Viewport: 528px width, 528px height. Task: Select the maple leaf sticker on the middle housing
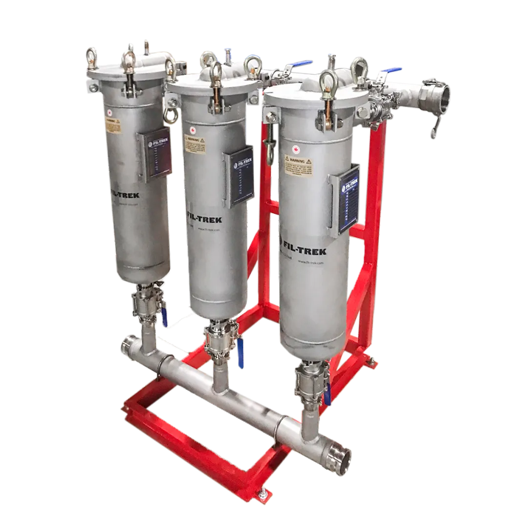click(192, 131)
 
